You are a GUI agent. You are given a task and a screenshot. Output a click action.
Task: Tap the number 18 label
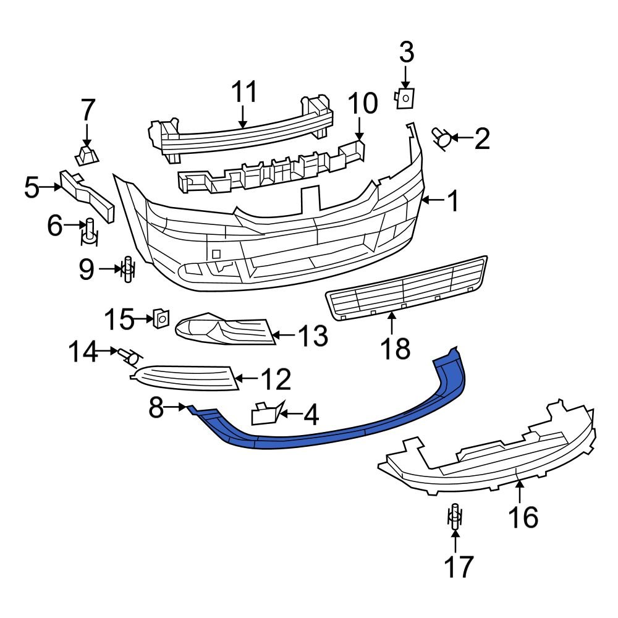pos(395,349)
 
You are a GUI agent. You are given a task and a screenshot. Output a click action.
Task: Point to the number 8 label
pos(156,407)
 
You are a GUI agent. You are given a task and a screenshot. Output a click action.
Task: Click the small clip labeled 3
pos(405,97)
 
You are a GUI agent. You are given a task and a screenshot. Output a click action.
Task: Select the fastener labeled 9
pos(127,269)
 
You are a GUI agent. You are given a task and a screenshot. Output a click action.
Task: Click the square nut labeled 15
pos(160,318)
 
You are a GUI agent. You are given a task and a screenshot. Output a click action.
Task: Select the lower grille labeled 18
pos(405,288)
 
